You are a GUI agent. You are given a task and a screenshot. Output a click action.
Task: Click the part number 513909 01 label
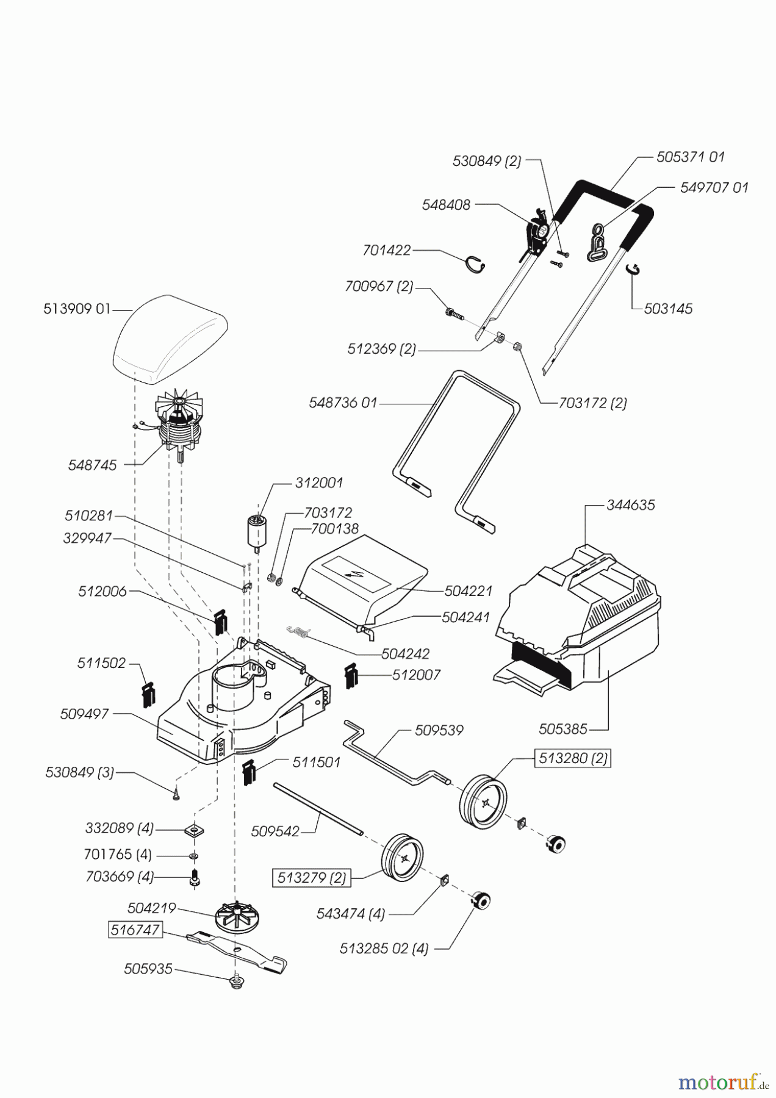(77, 309)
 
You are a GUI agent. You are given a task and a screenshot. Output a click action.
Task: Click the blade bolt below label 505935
(237, 981)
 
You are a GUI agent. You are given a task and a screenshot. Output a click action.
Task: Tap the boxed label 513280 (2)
(572, 758)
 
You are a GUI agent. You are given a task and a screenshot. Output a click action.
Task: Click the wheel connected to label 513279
(402, 858)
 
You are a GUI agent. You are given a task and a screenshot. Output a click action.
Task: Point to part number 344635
(630, 505)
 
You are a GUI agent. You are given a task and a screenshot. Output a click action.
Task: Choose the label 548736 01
(343, 403)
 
